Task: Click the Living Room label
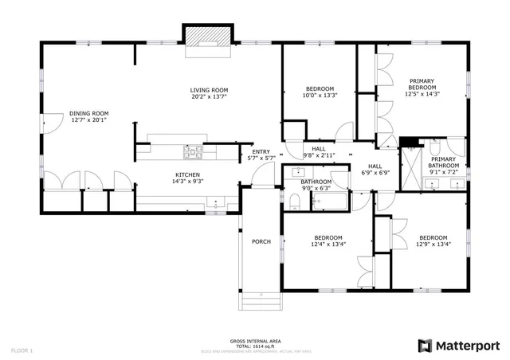(209, 90)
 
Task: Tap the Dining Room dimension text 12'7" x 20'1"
(88, 121)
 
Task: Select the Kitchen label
(187, 174)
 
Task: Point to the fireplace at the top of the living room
(207, 38)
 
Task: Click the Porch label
(261, 242)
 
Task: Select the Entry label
(261, 152)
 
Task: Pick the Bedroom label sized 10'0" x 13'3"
(319, 88)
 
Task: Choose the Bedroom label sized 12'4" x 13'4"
(328, 237)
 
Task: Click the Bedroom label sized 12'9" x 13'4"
(433, 237)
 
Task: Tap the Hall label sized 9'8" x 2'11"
(318, 149)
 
